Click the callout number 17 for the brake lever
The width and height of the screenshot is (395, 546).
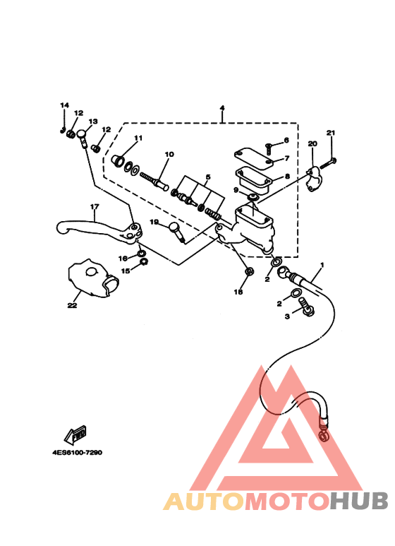[x=95, y=206]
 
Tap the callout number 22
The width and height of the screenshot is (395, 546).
[x=73, y=305]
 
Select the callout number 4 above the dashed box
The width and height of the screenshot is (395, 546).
[x=222, y=107]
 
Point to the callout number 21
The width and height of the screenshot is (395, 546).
[x=331, y=133]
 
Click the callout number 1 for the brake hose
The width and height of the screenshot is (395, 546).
[x=322, y=265]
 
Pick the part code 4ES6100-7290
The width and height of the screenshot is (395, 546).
[x=77, y=453]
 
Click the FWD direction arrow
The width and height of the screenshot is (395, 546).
[x=75, y=434]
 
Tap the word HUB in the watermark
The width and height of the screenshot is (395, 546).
[x=359, y=501]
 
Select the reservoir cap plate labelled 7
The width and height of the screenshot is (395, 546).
[x=253, y=160]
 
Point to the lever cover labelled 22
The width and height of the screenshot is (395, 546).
[x=93, y=278]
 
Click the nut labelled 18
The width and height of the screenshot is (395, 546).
[x=249, y=271]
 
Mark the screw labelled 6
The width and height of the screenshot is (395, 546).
[x=269, y=149]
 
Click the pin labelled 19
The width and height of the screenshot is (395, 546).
[x=177, y=231]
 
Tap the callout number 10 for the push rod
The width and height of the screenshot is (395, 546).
[x=169, y=154]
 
